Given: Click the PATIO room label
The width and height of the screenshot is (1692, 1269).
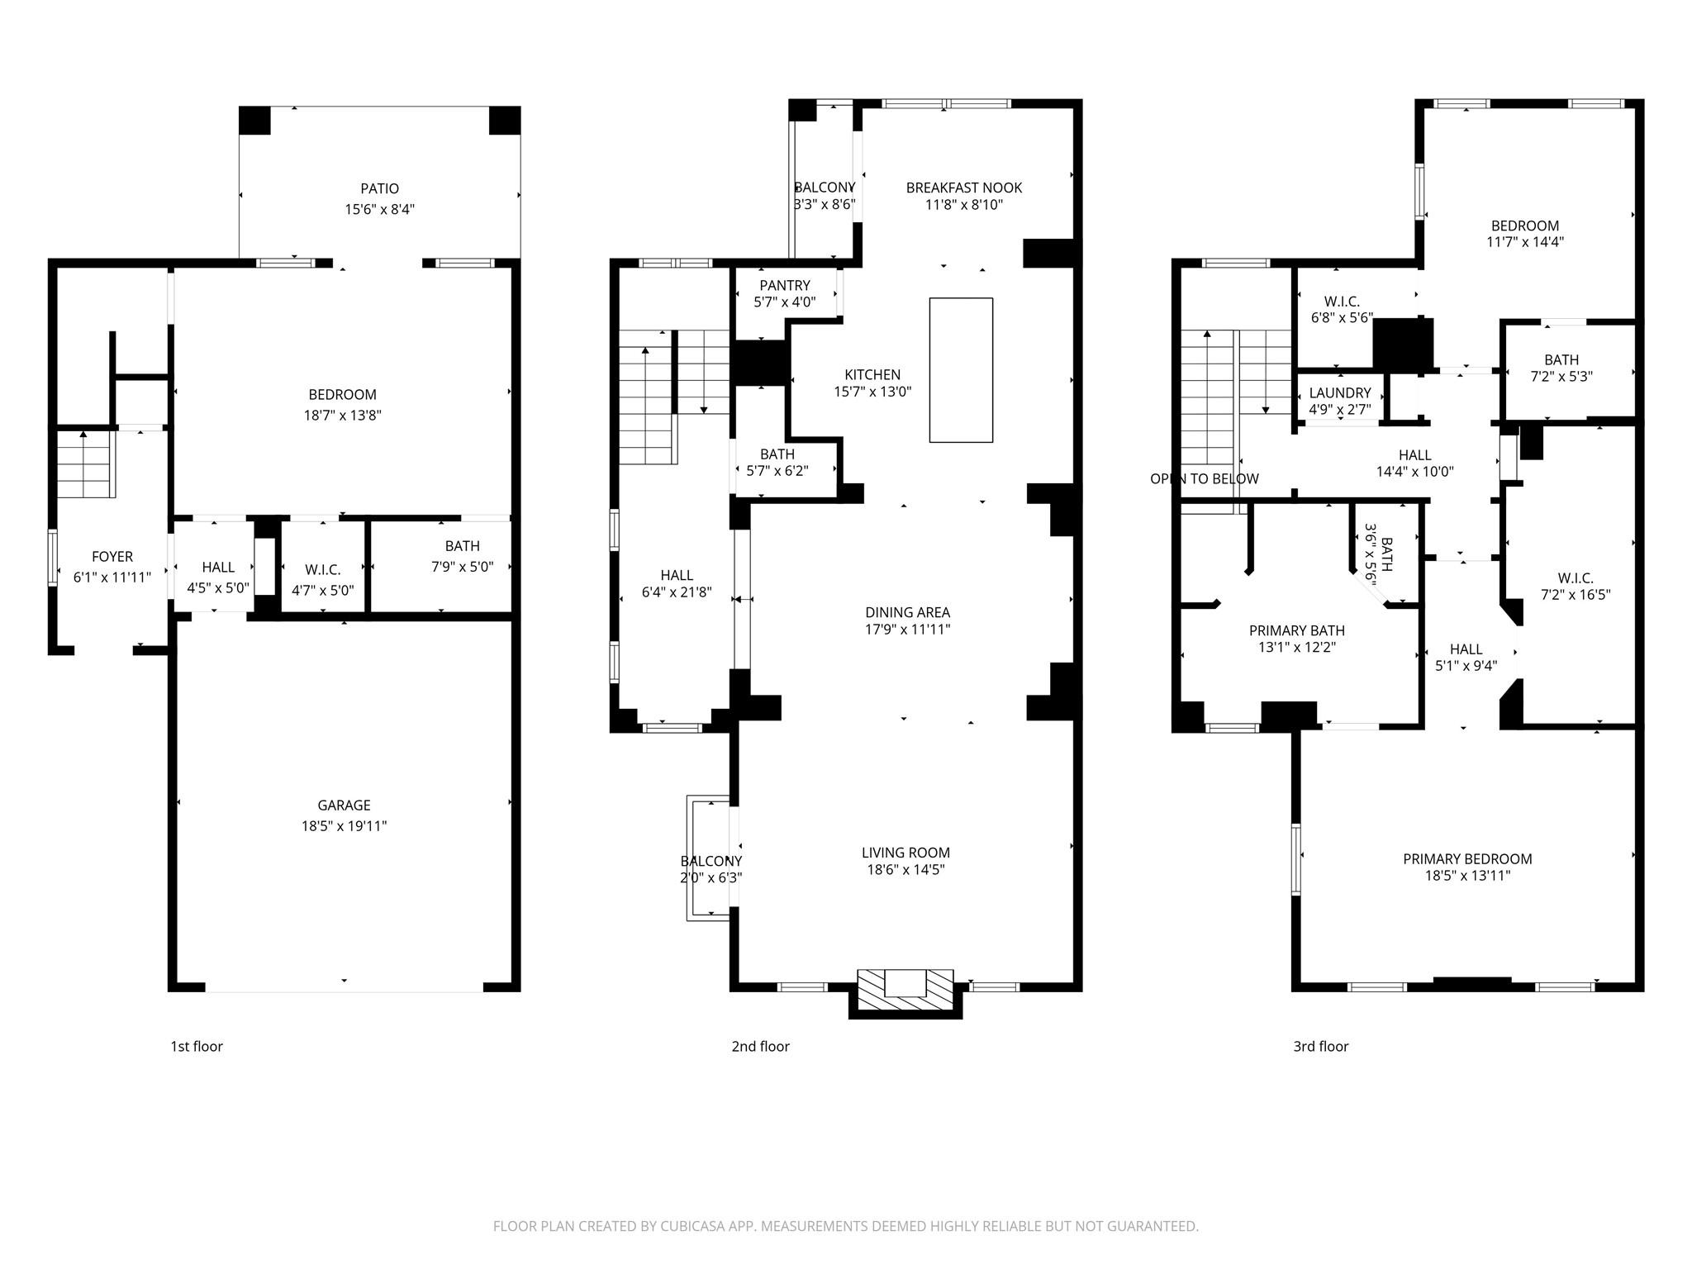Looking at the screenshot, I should click(379, 188).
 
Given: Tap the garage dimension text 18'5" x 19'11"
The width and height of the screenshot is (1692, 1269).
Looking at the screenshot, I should click(344, 825).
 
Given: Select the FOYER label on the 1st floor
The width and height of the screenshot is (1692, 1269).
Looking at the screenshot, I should click(112, 557).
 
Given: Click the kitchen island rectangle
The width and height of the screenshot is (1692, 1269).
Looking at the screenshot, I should click(961, 370).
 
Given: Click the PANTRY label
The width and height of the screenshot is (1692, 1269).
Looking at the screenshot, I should click(784, 286).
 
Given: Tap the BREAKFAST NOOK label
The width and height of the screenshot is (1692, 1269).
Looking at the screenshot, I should click(963, 188).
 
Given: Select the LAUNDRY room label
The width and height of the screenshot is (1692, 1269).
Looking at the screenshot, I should click(1339, 393).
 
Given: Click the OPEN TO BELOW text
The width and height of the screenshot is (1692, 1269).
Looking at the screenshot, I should click(1204, 478).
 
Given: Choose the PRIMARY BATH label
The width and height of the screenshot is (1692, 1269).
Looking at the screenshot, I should click(1296, 631).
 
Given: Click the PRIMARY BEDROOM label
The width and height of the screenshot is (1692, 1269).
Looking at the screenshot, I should click(1466, 859).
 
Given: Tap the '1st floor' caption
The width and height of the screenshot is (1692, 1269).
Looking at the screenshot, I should click(197, 1047).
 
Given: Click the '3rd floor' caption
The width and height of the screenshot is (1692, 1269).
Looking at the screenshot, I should click(1320, 1047).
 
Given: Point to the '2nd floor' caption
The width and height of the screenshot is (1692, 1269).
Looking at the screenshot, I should click(760, 1047).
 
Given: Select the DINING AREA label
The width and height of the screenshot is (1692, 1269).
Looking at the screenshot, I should click(907, 612).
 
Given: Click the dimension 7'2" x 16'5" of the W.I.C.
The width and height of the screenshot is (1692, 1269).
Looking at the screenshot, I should click(1575, 594).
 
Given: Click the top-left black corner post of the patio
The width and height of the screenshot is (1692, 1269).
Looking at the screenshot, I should click(254, 121).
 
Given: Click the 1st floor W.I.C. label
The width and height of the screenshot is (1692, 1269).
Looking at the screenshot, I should click(322, 570).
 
